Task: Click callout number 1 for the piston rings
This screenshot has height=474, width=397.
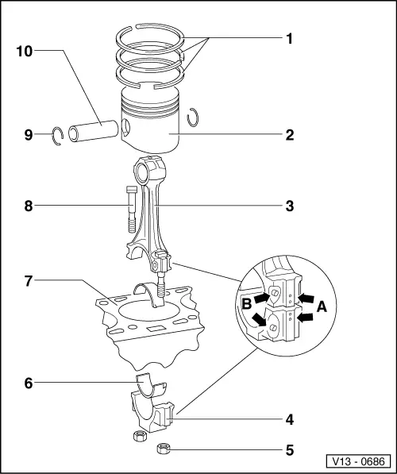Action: tap(289, 37)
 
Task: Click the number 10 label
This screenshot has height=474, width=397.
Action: tap(24, 51)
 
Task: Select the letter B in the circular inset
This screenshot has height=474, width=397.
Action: tap(246, 303)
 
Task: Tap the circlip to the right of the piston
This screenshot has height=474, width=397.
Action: tap(193, 118)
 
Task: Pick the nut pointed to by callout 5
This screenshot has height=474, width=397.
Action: tap(164, 449)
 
